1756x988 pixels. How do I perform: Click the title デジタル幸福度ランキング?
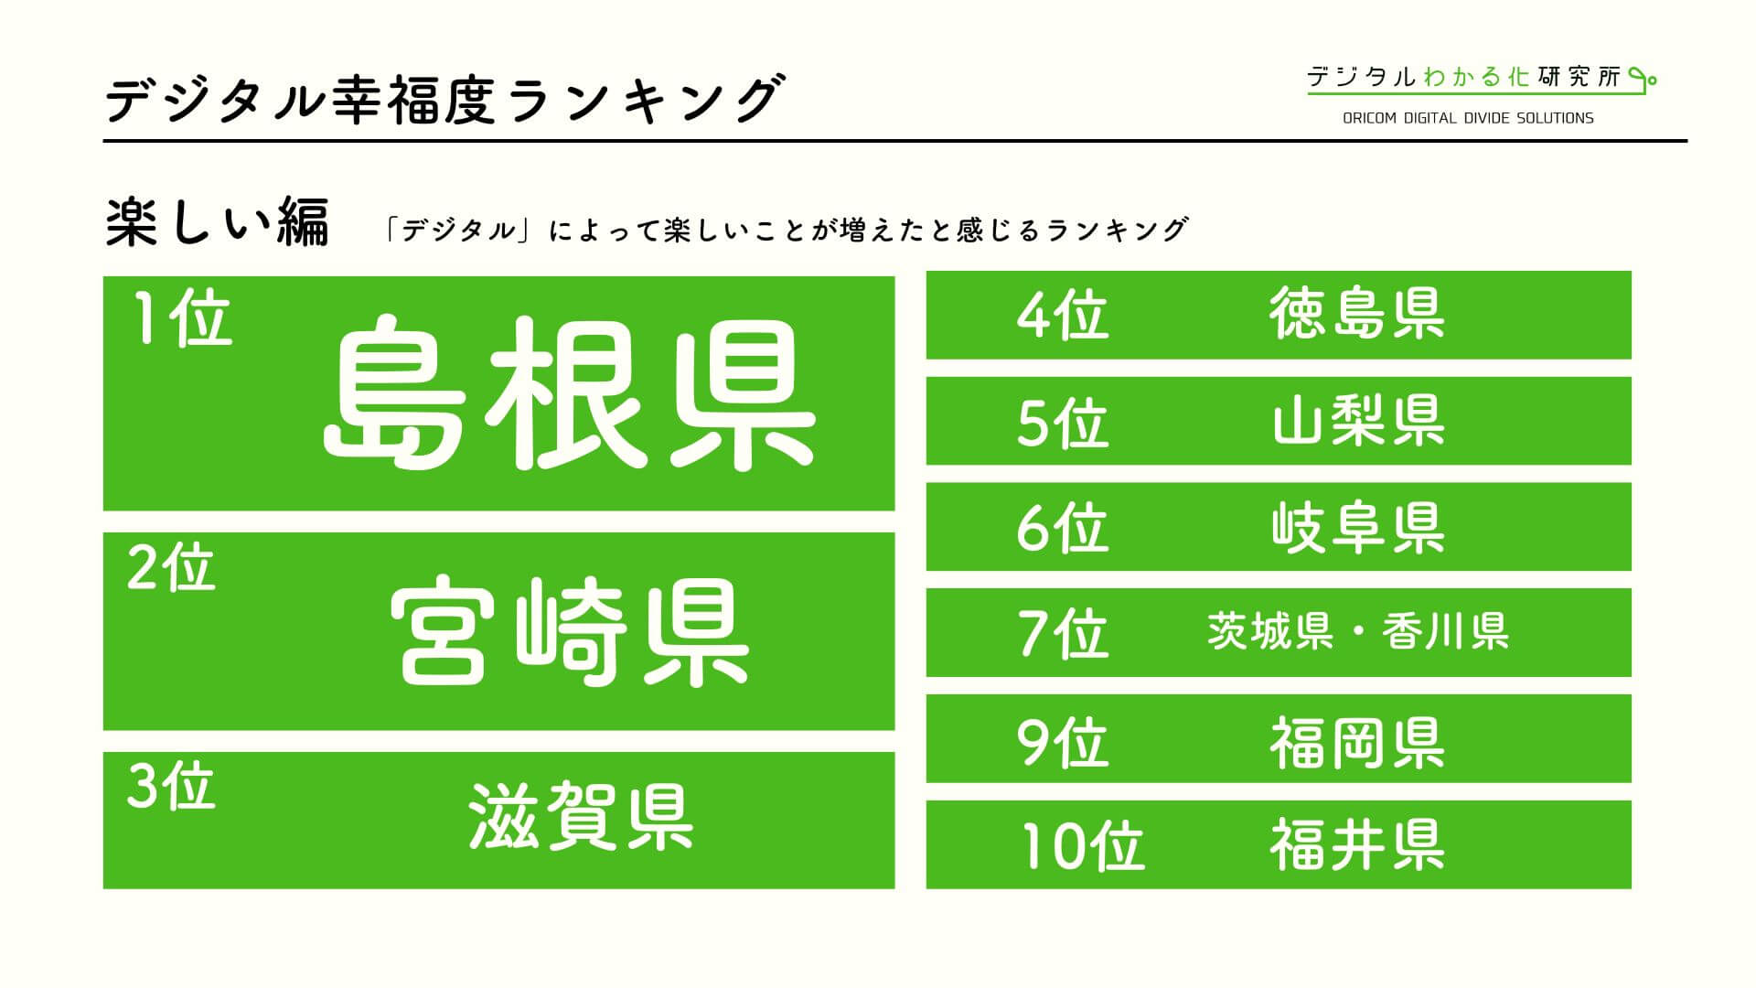coord(444,100)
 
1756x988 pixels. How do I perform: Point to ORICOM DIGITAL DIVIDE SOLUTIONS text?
coord(1468,118)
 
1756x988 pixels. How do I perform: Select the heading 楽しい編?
coord(217,224)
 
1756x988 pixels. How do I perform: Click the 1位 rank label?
coord(182,321)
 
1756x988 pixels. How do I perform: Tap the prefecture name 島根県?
coord(569,393)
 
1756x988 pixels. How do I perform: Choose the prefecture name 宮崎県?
coord(569,631)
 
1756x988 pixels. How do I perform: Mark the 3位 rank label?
coord(171,786)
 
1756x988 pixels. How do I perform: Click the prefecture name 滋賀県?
coord(581,816)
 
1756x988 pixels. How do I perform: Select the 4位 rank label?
coord(1062,316)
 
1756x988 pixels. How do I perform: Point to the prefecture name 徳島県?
coord(1357,313)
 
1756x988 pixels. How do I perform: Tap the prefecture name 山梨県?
coord(1357,420)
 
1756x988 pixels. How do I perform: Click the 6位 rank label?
coord(1062,528)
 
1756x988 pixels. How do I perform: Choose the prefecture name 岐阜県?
coord(1357,526)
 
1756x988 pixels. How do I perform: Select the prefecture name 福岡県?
coord(1357,742)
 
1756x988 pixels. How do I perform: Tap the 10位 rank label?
coord(1082,846)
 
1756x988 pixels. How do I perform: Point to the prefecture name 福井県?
coord(1357,844)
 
